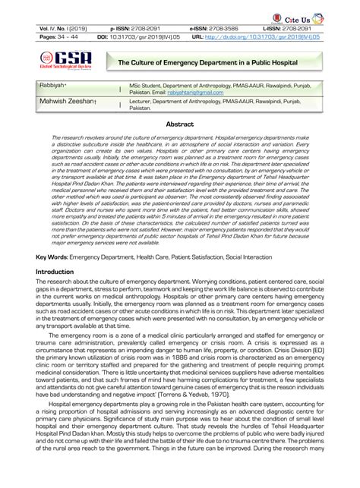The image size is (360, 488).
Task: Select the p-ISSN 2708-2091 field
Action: tap(136, 27)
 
